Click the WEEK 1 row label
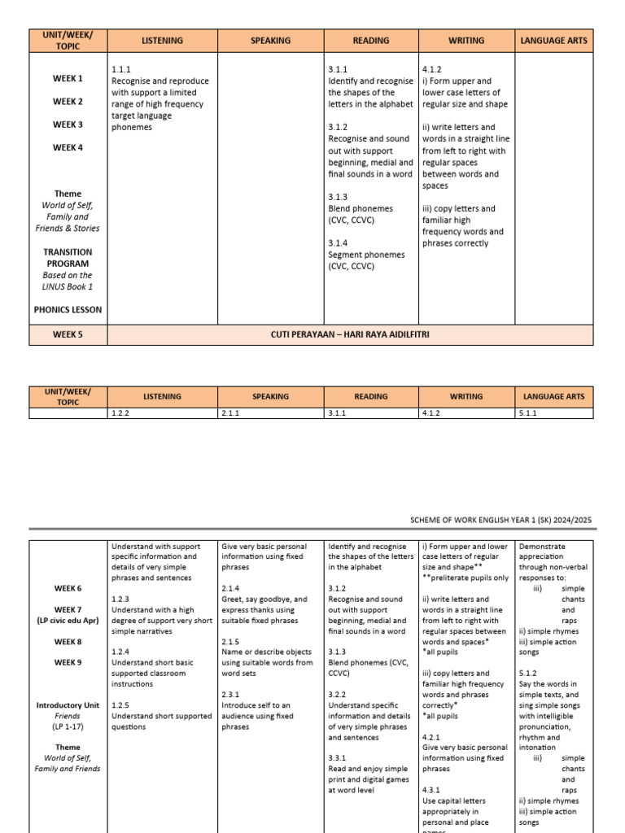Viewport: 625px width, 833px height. [x=68, y=79]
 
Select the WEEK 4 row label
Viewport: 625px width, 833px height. [x=68, y=147]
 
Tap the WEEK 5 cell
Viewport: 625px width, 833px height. [x=68, y=334]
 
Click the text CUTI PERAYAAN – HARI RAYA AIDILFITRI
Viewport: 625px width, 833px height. [x=351, y=334]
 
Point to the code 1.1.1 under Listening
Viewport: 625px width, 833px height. [x=121, y=70]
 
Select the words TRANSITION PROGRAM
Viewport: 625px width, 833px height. [x=68, y=258]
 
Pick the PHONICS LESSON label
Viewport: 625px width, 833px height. [x=68, y=309]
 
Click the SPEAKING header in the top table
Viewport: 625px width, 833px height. [x=270, y=40]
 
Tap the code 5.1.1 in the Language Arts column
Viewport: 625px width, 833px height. [x=528, y=413]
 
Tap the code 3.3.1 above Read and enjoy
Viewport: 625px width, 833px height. [x=338, y=757]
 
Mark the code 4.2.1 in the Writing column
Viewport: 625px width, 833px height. [x=432, y=736]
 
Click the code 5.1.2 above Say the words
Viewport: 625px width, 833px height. [x=528, y=674]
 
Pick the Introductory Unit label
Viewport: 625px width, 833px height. [x=68, y=704]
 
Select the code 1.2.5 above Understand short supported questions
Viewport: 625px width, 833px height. [x=121, y=704]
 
